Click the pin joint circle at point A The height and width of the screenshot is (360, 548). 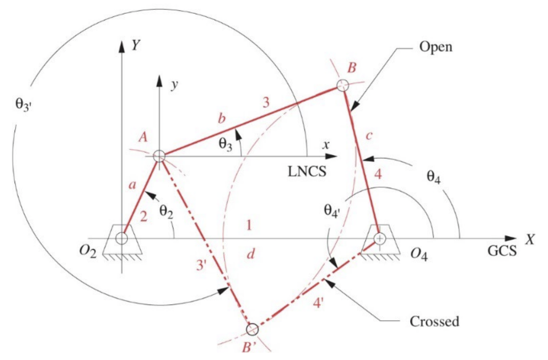159,156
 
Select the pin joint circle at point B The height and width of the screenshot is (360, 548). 343,85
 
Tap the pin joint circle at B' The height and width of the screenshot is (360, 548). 252,329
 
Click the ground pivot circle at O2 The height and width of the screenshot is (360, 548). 122,238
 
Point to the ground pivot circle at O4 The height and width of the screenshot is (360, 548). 379,238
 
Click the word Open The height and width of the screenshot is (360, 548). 436,47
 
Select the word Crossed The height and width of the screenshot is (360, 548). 434,321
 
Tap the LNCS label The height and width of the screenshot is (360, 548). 307,172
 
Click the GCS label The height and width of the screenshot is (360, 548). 502,251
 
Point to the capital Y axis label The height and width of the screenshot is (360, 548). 136,45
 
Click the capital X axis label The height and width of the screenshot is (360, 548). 529,239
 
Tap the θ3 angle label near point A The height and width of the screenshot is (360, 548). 225,144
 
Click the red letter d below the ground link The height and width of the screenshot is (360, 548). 251,253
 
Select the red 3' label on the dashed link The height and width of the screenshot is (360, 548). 201,264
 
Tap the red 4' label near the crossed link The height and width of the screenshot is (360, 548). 318,303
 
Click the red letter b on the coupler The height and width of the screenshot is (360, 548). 222,118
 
